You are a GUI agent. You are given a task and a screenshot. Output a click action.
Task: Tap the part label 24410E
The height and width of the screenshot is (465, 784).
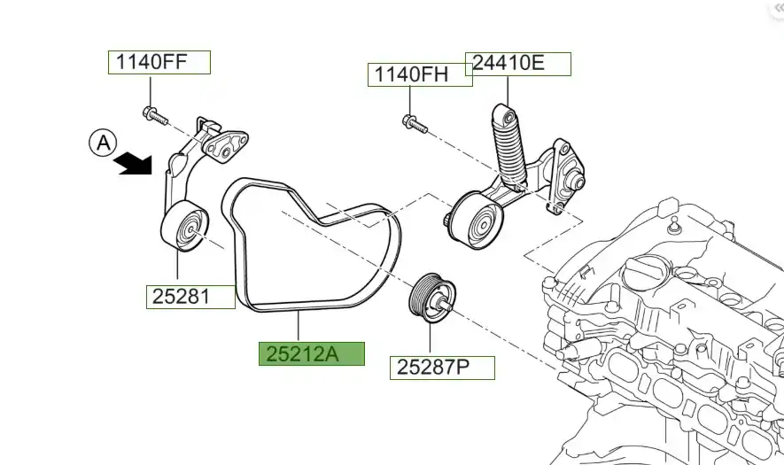pyautogui.click(x=521, y=64)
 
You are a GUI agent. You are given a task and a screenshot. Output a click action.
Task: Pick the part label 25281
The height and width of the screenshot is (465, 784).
pyautogui.click(x=182, y=297)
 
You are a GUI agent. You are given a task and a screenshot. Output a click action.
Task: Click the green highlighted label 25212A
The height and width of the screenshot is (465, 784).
pyautogui.click(x=311, y=353)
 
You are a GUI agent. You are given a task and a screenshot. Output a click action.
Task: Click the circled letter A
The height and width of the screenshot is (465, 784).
pyautogui.click(x=104, y=142)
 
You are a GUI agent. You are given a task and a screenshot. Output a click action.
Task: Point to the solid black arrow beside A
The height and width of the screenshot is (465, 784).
pyautogui.click(x=134, y=163)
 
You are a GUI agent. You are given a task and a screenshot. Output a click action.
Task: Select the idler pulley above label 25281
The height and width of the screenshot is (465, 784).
pyautogui.click(x=183, y=228)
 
